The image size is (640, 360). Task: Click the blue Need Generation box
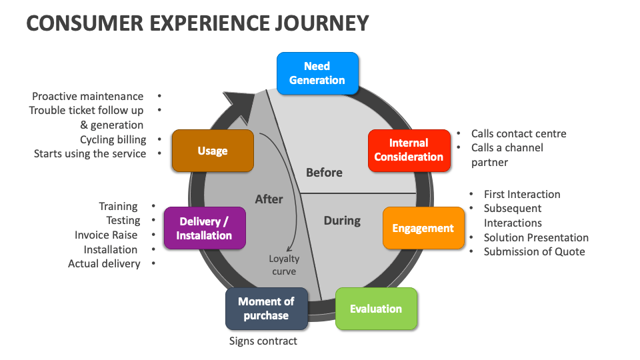(317, 73)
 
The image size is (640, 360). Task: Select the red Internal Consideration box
(409, 150)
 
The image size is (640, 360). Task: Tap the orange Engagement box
(423, 228)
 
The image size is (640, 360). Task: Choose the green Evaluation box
(376, 309)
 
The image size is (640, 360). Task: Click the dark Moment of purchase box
(266, 309)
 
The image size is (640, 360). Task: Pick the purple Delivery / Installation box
(204, 228)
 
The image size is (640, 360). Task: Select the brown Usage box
(213, 151)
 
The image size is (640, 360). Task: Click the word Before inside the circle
(324, 173)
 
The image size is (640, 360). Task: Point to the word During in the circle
(342, 221)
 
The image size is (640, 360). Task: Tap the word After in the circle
(269, 199)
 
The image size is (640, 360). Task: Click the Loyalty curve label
(284, 265)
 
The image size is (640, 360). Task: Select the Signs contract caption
(263, 341)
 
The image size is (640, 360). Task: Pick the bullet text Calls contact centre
(518, 133)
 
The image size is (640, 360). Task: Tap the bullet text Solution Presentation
(536, 237)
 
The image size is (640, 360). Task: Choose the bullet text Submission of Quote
(534, 251)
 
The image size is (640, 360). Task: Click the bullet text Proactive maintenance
(87, 96)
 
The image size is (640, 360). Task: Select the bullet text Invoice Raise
(106, 235)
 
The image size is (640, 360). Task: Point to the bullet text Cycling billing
(113, 139)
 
